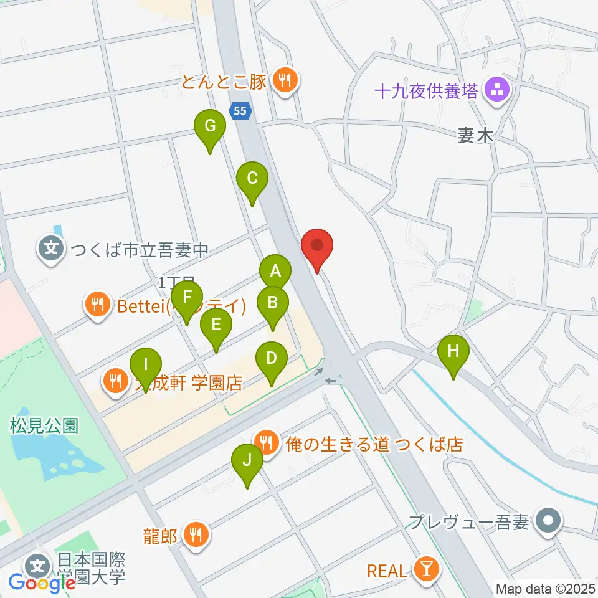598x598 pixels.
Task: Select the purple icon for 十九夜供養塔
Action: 497,91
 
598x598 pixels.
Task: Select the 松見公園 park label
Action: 44,426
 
